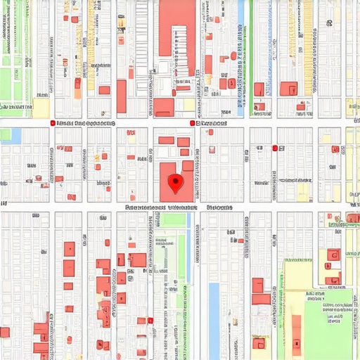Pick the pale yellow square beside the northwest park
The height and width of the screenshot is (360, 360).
coord(41,108)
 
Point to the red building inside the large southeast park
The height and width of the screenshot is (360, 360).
coord(297,330)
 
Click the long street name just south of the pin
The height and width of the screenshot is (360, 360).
coord(160,208)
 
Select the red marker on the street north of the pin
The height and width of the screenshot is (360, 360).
coord(191,123)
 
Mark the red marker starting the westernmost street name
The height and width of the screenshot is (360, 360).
coord(53,123)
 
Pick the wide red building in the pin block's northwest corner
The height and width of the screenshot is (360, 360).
coord(166,140)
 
